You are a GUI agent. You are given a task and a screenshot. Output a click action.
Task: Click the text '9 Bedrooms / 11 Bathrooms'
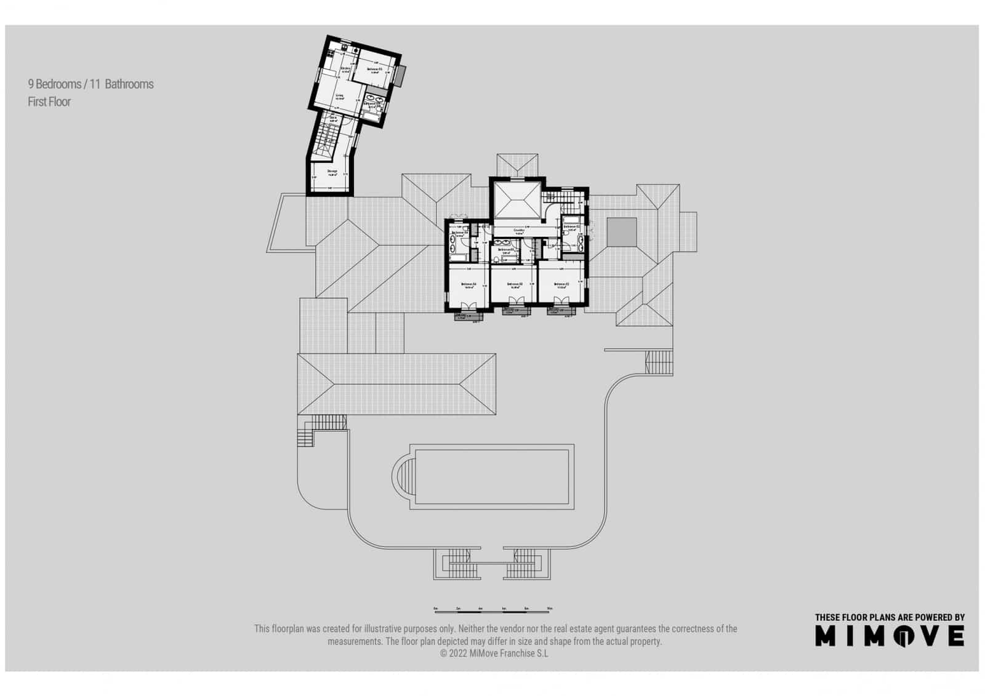pos(90,84)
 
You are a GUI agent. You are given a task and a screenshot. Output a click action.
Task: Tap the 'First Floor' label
pos(49,102)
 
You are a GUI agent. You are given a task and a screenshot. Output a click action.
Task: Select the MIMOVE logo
pos(890,636)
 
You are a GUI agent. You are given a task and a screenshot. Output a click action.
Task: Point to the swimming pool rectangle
pos(492,478)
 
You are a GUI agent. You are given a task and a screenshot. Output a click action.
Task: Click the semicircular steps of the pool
pos(403,476)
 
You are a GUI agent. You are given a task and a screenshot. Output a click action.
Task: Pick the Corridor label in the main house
pos(518,231)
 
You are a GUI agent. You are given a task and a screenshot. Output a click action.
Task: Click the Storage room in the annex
pos(331,172)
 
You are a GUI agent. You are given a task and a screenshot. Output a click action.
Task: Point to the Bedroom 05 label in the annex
pos(375,70)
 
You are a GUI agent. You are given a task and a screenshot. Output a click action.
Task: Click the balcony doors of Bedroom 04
pos(468,306)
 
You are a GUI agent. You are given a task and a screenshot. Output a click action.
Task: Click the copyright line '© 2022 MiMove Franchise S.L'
pos(494,654)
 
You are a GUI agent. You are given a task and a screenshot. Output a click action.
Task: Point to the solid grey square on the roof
pos(622,232)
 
